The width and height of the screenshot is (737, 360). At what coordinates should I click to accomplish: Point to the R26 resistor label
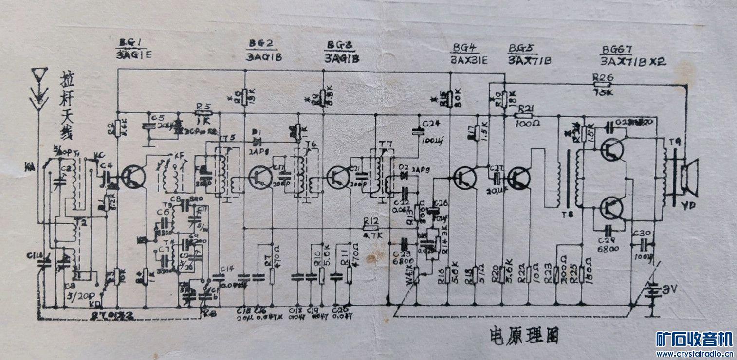click(x=603, y=77)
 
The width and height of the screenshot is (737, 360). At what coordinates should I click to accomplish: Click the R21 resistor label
click(x=527, y=109)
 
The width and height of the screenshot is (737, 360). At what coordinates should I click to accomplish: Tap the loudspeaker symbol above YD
click(x=689, y=177)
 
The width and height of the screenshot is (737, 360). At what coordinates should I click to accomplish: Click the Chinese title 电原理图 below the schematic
click(x=524, y=335)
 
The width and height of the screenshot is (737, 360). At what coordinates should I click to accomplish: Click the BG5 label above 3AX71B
click(x=522, y=49)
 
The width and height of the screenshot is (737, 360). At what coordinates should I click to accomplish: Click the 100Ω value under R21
click(x=527, y=123)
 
